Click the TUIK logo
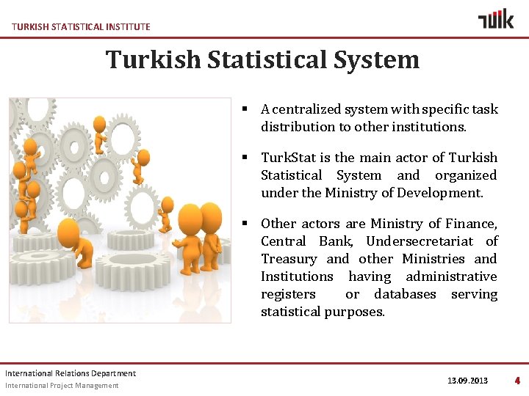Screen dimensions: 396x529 [x=496, y=19]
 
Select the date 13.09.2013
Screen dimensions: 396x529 [x=467, y=381]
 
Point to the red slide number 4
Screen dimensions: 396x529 [x=517, y=381]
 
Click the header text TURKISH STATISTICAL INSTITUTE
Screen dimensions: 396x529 [x=81, y=26]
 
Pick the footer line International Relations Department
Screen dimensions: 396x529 [x=71, y=373]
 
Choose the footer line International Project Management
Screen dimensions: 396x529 [x=62, y=386]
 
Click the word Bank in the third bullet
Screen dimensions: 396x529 [x=335, y=241]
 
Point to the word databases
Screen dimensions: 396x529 [x=405, y=294]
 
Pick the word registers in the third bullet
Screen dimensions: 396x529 [x=288, y=294]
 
